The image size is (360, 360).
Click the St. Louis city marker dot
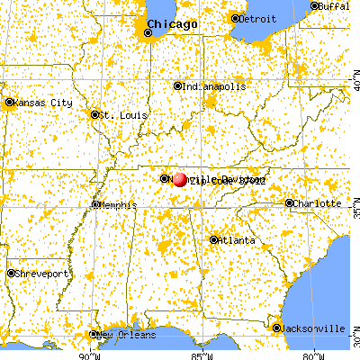(94, 114)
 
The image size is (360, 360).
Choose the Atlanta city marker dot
(213, 239)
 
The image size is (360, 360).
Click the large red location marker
(179, 179)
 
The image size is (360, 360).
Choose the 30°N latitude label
(355, 341)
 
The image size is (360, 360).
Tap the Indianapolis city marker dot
(177, 86)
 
